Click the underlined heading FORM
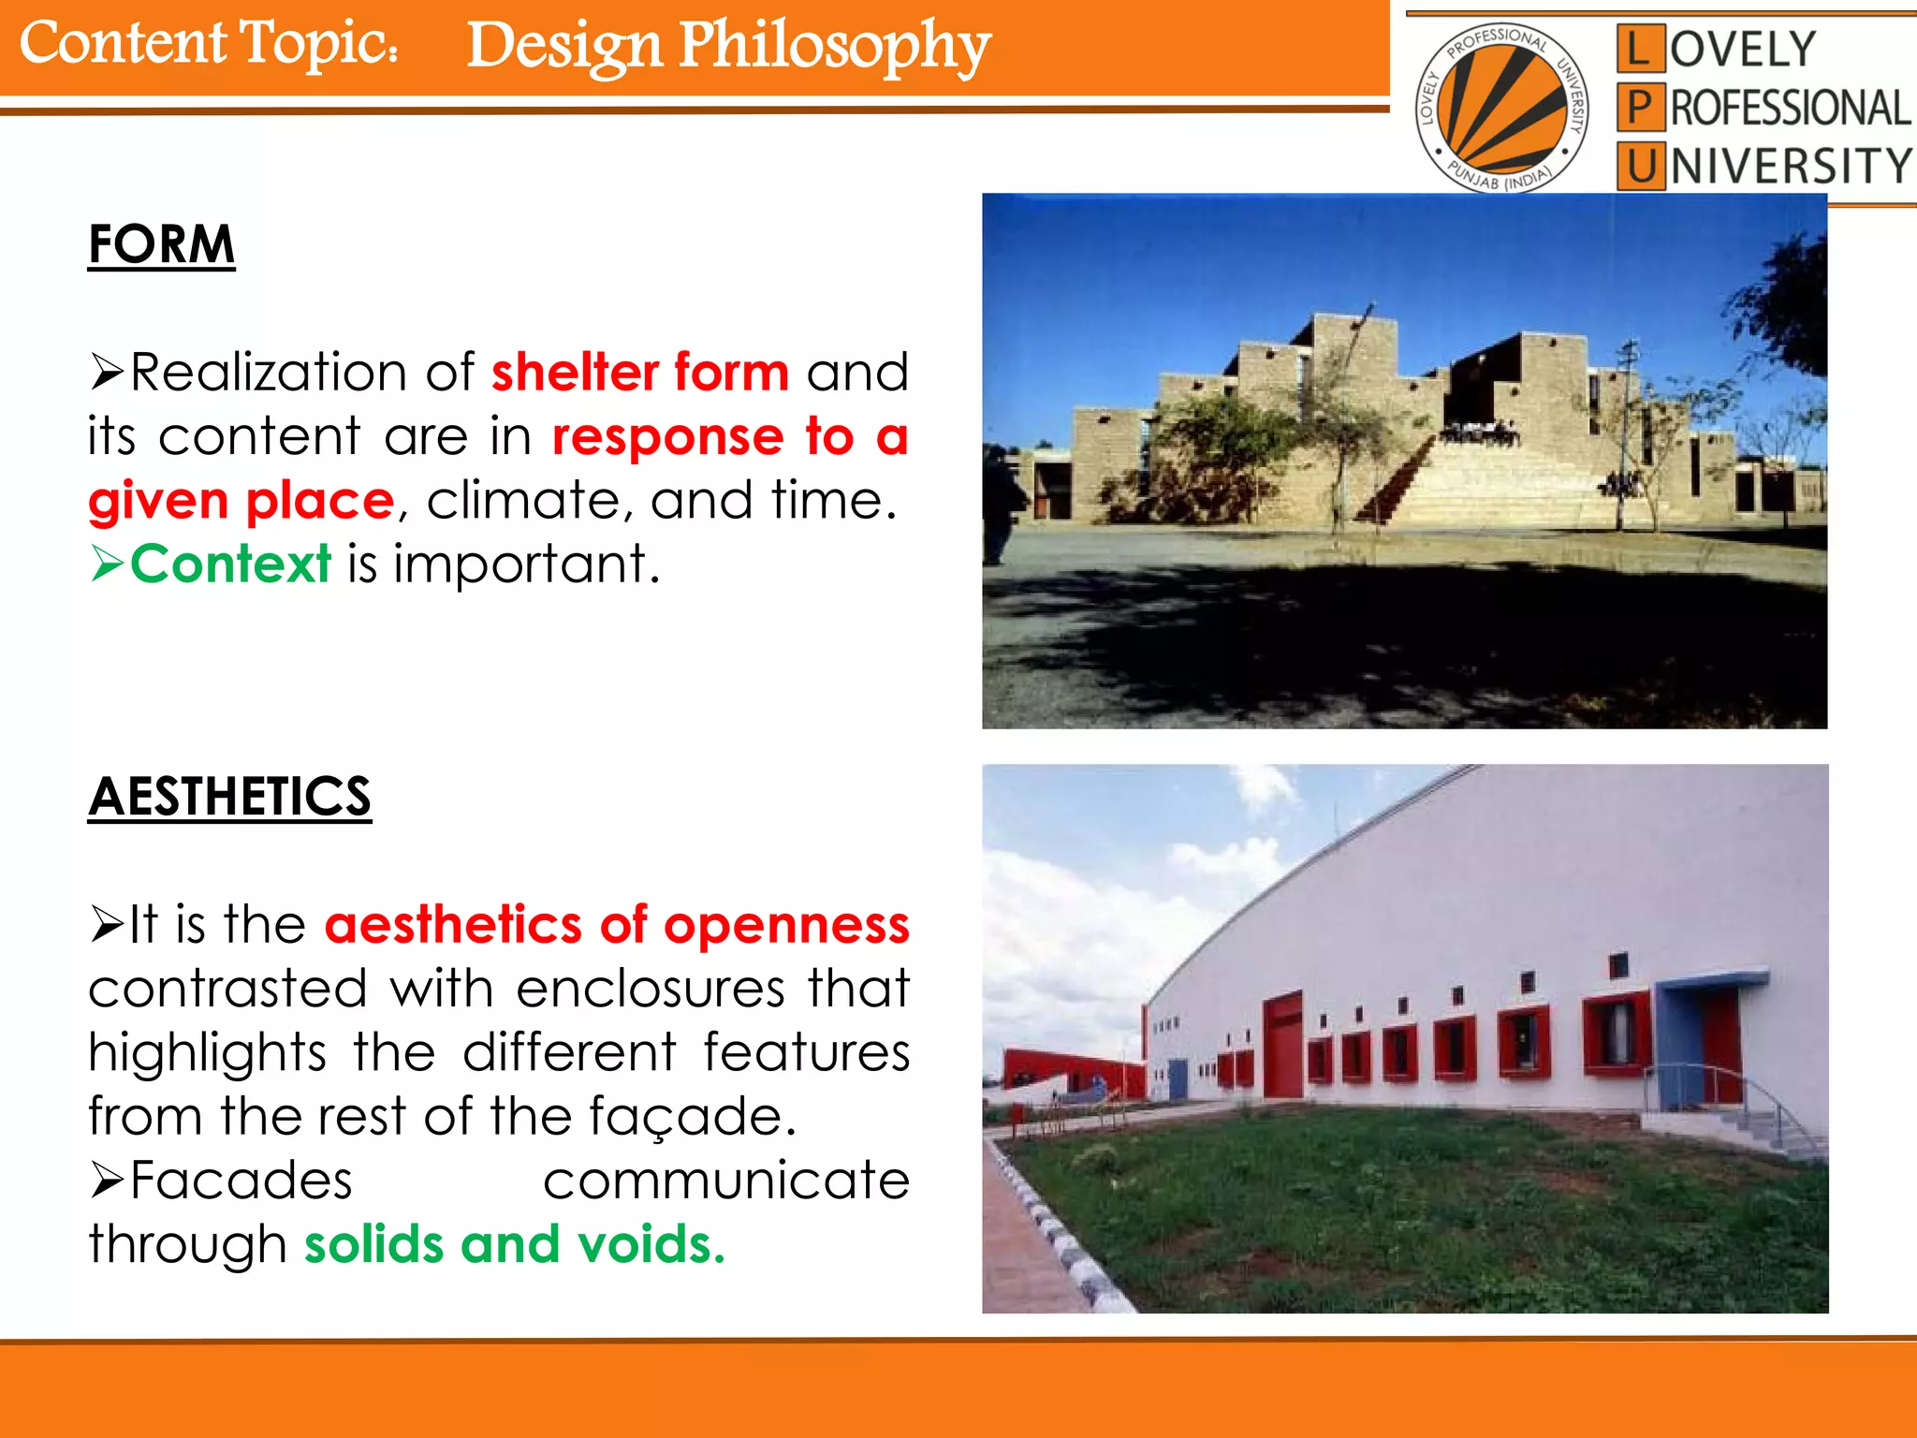pos(161,244)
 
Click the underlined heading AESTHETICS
pos(229,797)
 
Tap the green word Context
pos(230,564)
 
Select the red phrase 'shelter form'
pos(640,373)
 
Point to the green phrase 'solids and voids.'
pos(514,1244)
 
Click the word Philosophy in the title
pos(833,47)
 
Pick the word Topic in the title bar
pos(318,43)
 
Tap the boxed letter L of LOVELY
pos(1639,49)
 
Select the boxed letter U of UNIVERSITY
pos(1640,167)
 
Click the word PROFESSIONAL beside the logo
pos(1790,108)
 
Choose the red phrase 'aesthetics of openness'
pos(617,925)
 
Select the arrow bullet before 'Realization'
pos(107,373)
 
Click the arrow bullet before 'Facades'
pos(107,1181)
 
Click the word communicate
pos(725,1181)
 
